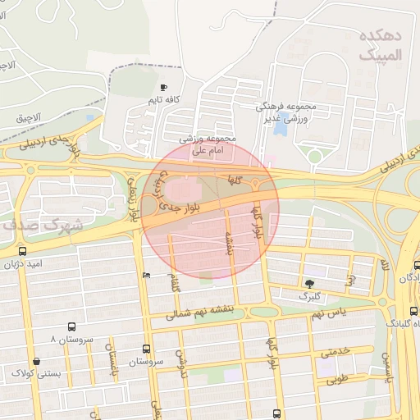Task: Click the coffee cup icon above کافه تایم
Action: (163, 87)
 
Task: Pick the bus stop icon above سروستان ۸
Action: (72, 326)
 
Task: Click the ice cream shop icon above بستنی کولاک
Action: (35, 361)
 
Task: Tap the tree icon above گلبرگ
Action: (308, 281)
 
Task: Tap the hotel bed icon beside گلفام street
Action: (147, 275)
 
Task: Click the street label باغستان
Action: (111, 354)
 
